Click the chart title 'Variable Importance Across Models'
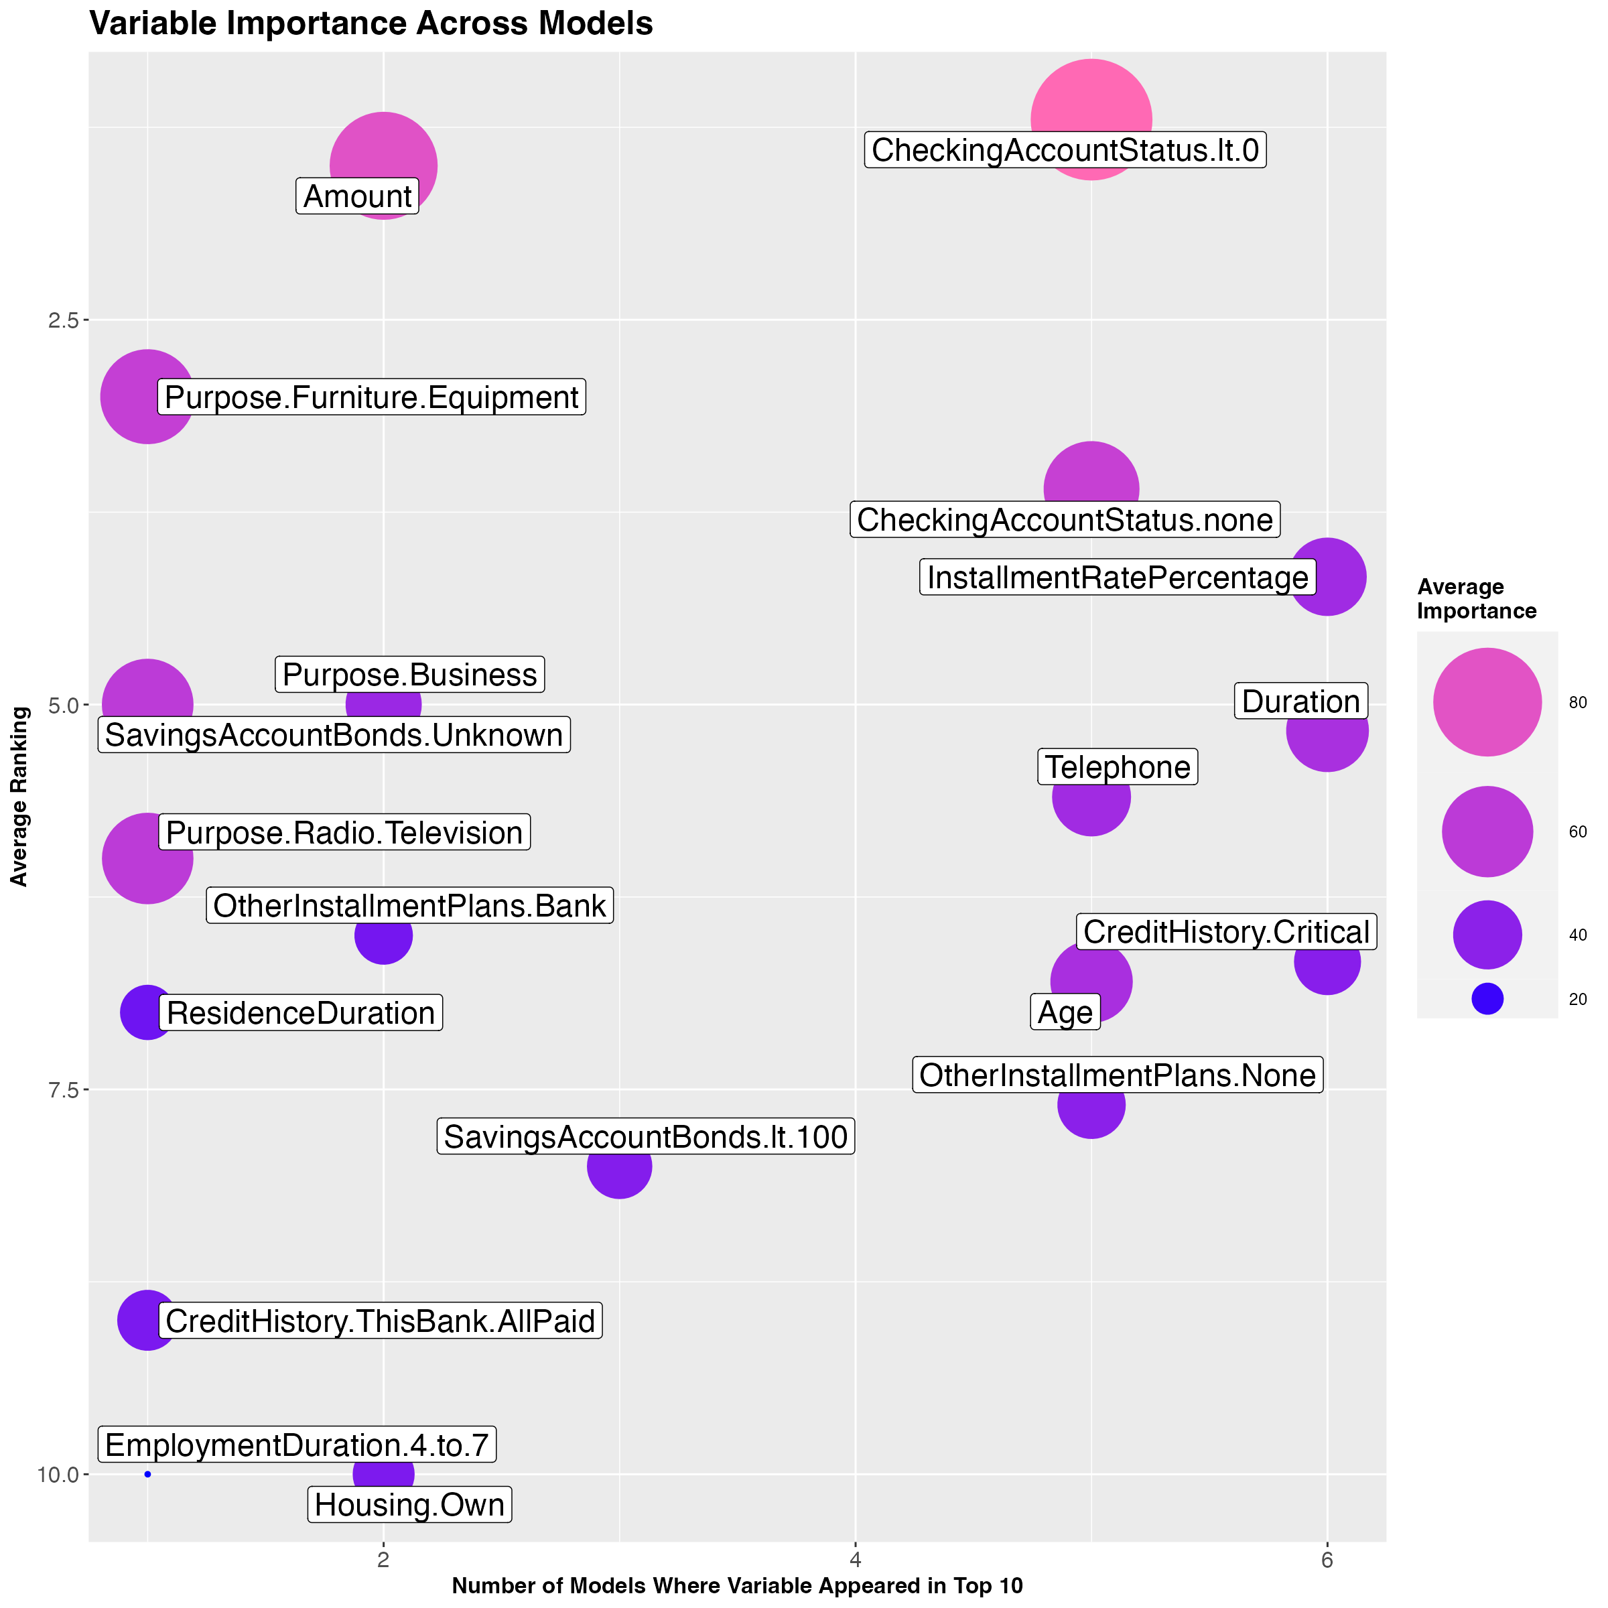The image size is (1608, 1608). point(371,23)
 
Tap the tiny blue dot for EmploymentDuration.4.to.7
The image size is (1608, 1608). point(147,1474)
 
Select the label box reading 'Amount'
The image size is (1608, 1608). point(357,196)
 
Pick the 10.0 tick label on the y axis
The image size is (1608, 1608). point(56,1474)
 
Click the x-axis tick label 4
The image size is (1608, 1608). point(855,1559)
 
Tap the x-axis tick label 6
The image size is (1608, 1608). point(1327,1559)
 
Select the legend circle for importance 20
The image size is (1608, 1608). point(1487,999)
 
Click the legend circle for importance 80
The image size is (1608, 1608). point(1487,701)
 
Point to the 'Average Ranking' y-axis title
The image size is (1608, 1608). point(19,797)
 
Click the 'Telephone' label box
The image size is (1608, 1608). point(1117,766)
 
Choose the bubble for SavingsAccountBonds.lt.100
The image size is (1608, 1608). point(619,1166)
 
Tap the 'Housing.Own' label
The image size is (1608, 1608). point(409,1505)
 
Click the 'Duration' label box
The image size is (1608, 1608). point(1300,701)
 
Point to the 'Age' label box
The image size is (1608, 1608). point(1065,1012)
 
